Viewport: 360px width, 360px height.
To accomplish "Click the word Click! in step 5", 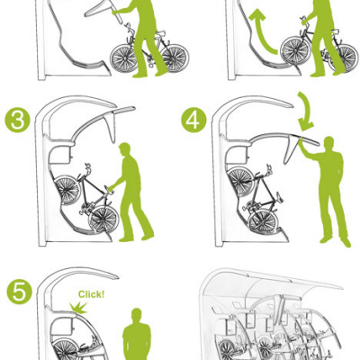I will pos(91,293).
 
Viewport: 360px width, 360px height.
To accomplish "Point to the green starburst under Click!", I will pos(76,309).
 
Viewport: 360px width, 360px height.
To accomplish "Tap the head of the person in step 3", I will pos(125,149).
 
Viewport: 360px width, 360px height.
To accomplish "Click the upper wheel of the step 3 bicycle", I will pos(66,190).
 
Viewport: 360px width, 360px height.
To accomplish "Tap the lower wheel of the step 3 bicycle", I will pos(102,219).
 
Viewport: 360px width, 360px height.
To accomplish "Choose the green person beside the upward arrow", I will pos(320,36).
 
